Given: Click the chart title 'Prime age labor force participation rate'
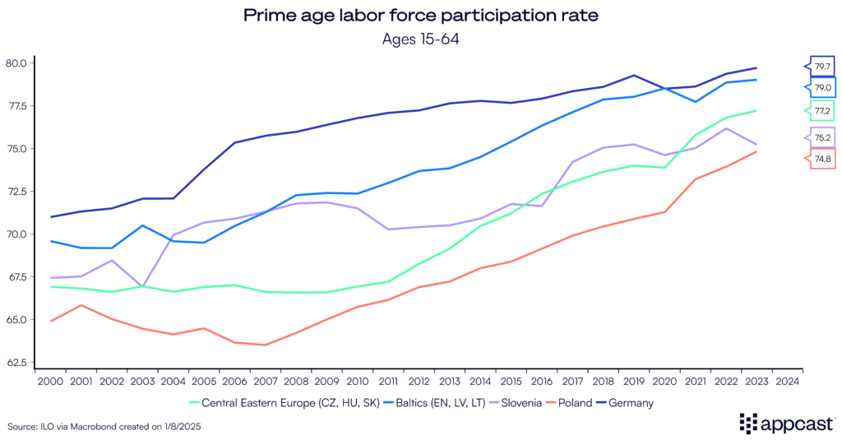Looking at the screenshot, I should point(420,16).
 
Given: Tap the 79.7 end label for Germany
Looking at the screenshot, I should point(822,66).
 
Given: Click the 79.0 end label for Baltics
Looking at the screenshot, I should point(822,87).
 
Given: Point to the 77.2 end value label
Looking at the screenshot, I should point(822,110).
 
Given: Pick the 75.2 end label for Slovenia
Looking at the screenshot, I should point(822,138).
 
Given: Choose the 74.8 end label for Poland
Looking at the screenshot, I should point(822,159).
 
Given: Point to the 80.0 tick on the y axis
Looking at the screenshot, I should point(16,63).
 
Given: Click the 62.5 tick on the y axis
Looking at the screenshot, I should point(16,363).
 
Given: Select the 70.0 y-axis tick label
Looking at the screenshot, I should point(16,234).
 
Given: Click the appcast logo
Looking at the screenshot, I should point(784,423).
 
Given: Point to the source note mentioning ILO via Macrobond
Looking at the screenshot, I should point(104,427).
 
